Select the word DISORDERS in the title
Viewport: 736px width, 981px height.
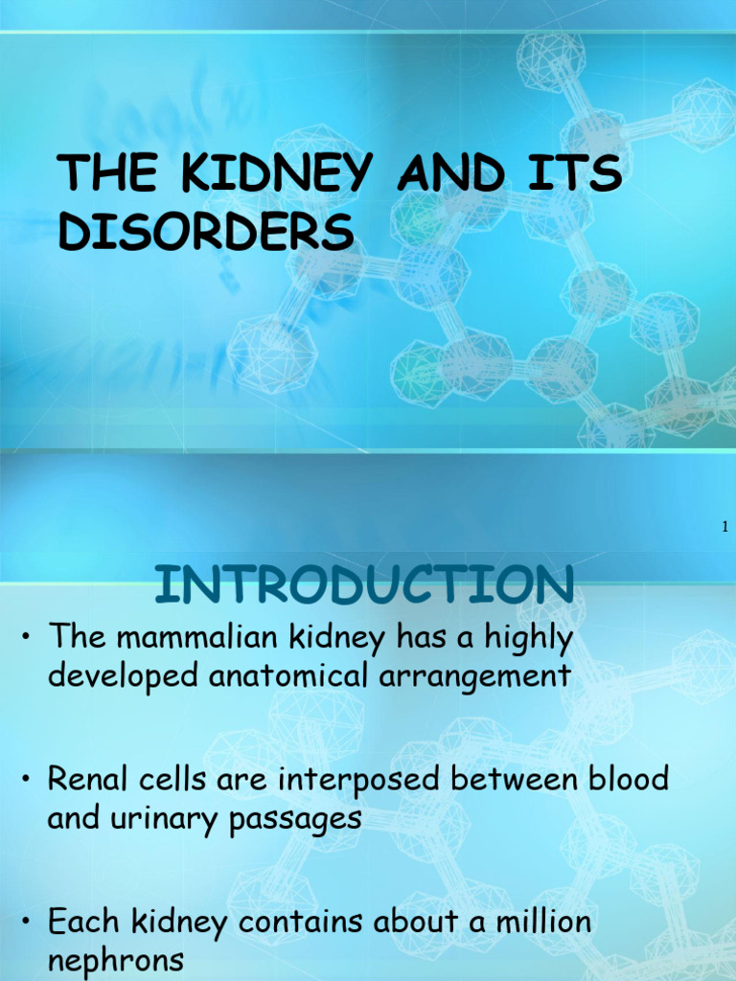(206, 233)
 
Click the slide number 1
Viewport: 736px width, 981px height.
(725, 526)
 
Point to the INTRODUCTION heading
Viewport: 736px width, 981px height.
(365, 584)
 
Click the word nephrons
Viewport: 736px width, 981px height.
(116, 960)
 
